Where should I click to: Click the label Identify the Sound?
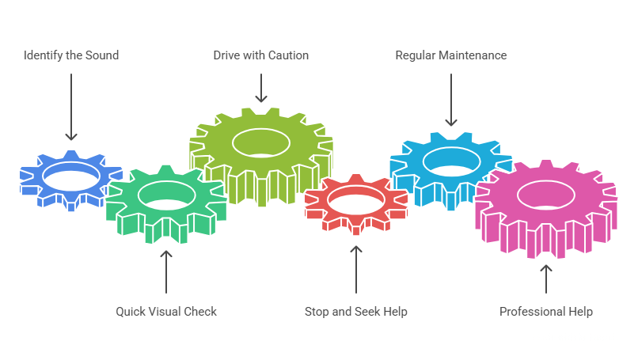tap(71, 55)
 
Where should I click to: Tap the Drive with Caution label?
tap(260, 55)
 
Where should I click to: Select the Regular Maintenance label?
tap(451, 55)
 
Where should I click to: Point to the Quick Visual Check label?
tap(166, 312)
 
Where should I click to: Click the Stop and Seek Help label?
tap(356, 312)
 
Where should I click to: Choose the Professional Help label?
tap(546, 312)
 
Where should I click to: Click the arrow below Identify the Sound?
tap(71, 107)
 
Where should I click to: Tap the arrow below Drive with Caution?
tap(261, 88)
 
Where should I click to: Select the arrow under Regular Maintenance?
tap(451, 100)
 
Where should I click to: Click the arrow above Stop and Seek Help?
tap(356, 268)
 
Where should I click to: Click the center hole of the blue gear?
tap(71, 175)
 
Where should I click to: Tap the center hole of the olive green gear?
tap(261, 143)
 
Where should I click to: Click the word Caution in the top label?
tap(288, 55)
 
